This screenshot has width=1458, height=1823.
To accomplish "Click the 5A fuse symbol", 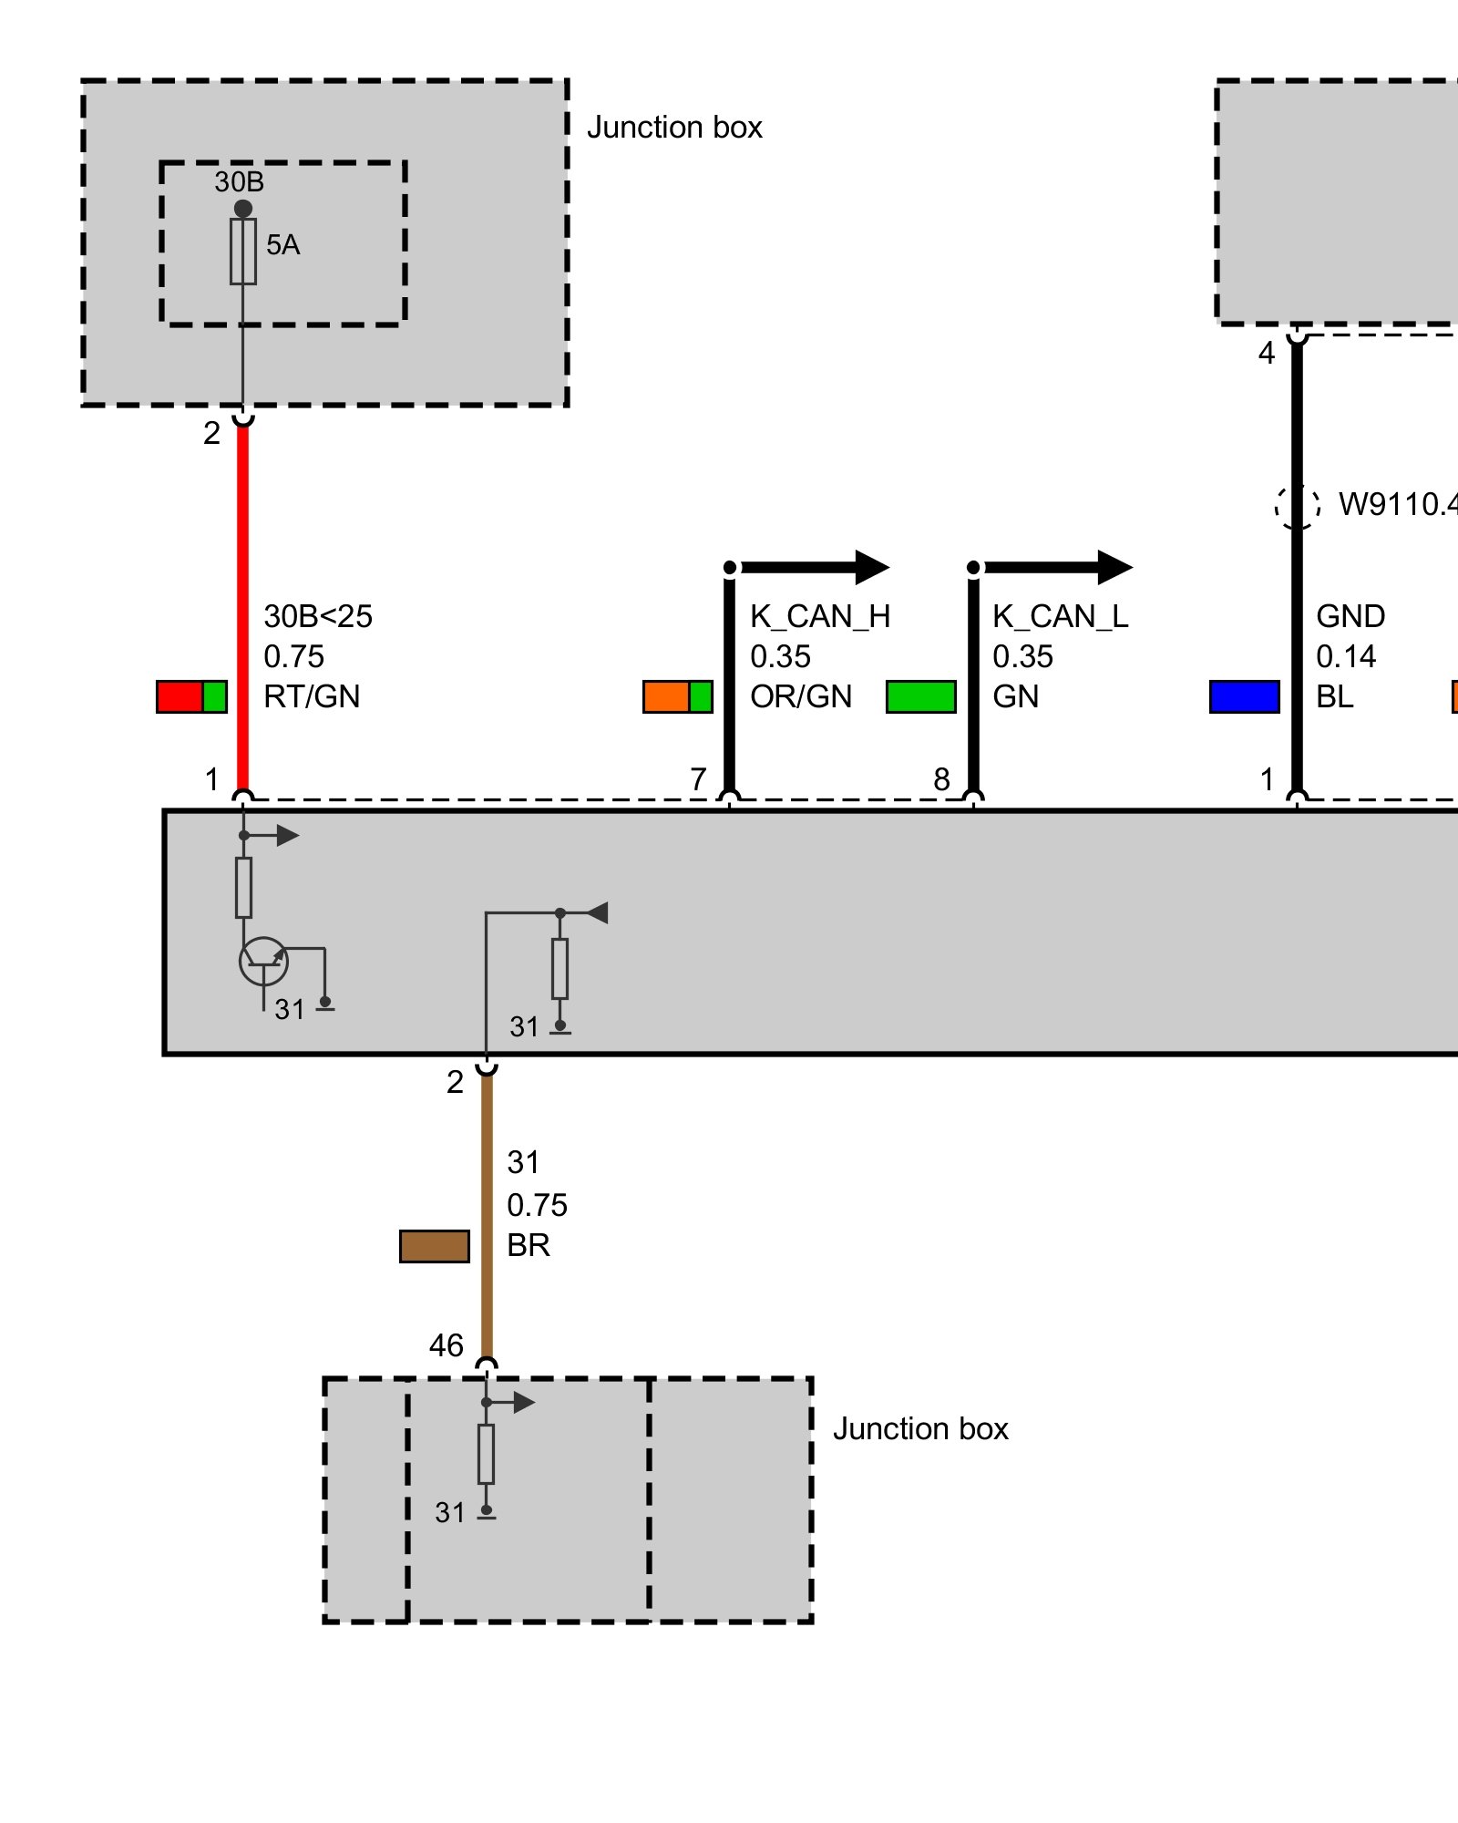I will [x=243, y=252].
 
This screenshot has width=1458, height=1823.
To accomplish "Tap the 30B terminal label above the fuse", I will [x=239, y=182].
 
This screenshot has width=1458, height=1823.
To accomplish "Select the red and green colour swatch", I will [x=191, y=696].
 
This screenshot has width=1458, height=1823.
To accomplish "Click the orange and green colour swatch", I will [x=677, y=696].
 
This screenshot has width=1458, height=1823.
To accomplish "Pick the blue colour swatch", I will [x=1244, y=696].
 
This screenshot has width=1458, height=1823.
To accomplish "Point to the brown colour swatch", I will [x=435, y=1246].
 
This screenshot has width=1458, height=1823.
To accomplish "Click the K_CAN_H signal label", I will [x=820, y=617].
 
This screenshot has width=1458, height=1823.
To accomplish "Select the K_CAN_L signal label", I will [x=1060, y=617].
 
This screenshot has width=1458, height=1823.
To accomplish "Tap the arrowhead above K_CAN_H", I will [x=871, y=567].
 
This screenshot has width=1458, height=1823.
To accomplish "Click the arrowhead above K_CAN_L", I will [x=1114, y=567].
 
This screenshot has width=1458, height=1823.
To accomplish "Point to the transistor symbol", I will [x=263, y=961].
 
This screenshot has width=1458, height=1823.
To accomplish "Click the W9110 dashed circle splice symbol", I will [x=1297, y=504].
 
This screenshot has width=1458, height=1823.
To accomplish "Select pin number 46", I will [x=447, y=1345].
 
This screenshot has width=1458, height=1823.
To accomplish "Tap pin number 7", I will [x=698, y=779].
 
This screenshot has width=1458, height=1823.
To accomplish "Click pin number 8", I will [x=941, y=779].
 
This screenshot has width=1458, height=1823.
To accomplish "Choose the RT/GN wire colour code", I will [x=312, y=696].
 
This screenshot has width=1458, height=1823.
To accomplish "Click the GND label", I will [x=1350, y=617].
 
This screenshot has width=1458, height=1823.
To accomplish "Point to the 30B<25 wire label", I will [x=318, y=617].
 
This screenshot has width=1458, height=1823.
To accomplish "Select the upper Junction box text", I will [x=674, y=128].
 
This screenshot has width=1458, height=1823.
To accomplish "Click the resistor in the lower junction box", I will [x=487, y=1454].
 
